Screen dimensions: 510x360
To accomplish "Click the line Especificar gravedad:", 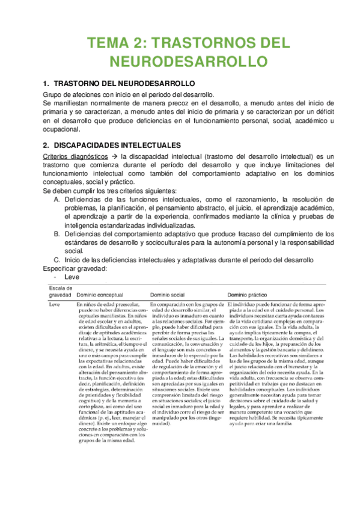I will [x=75, y=268].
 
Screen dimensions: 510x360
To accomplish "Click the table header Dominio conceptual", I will [x=106, y=296].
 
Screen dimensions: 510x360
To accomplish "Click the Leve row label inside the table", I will [x=55, y=306].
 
